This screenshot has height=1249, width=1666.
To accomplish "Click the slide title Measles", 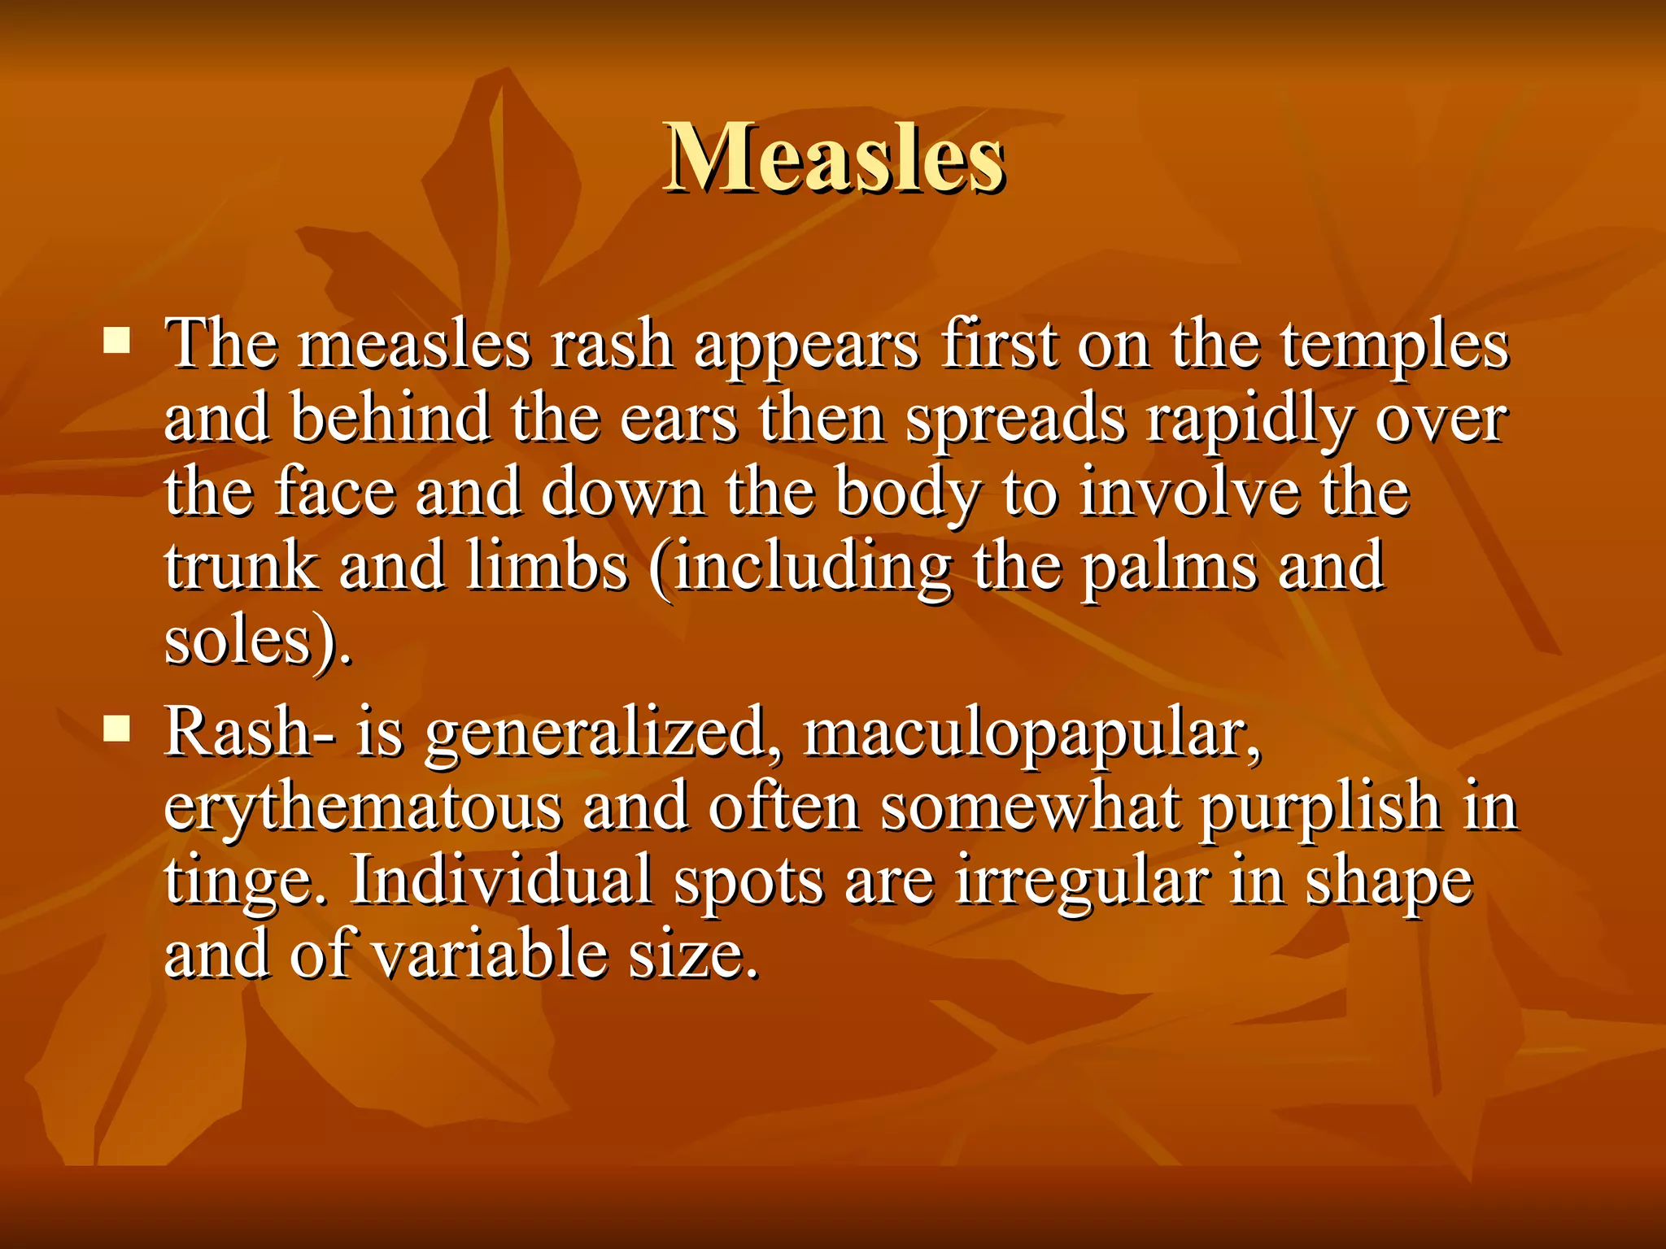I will point(834,158).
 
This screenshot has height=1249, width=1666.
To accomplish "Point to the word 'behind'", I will point(390,418).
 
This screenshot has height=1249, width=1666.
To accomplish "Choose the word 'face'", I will point(335,492).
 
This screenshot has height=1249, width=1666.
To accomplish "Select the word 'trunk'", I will point(241,566).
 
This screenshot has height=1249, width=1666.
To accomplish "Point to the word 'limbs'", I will point(547,566).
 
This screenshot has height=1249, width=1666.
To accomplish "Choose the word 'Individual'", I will point(500,881).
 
